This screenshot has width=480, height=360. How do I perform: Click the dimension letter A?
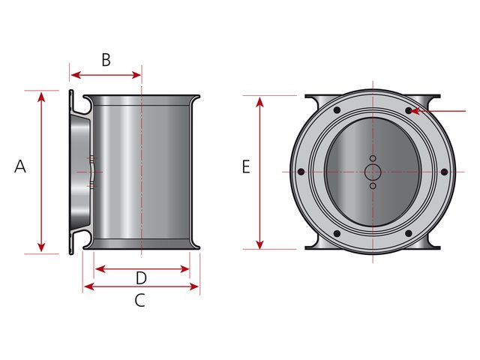[20, 166]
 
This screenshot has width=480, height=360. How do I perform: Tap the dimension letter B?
[106, 60]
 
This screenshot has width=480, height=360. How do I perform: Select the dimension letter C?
[140, 300]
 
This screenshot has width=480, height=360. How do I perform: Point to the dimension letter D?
[141, 278]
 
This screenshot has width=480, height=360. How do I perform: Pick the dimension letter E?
[246, 167]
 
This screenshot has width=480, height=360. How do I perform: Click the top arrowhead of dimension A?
[41, 97]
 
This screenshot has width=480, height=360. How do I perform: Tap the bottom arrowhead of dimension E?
[260, 244]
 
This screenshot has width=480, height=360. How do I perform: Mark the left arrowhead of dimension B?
[76, 75]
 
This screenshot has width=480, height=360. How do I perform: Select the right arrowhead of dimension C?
[194, 286]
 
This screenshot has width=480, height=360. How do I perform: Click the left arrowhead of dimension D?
[100, 269]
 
